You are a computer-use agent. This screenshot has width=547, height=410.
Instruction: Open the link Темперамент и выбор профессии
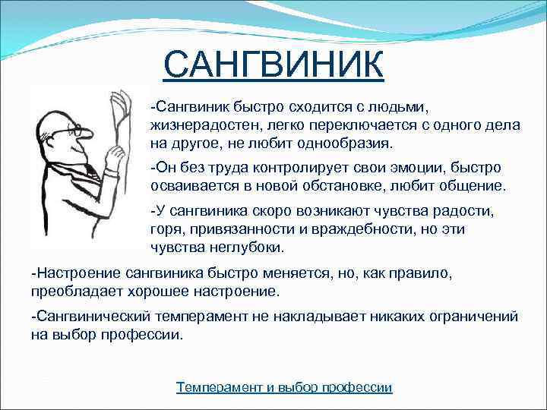click(x=284, y=387)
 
